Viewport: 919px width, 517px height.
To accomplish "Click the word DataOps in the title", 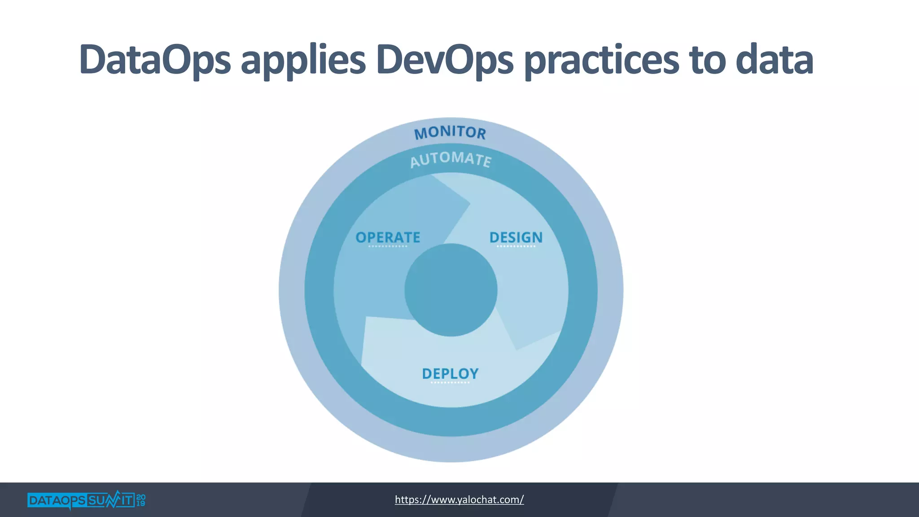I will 155,60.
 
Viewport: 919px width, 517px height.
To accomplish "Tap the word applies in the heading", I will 303,61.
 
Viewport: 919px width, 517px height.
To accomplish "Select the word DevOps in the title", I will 444,60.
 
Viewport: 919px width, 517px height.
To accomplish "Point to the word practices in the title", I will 601,61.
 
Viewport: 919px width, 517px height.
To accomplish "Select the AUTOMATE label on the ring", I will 451,159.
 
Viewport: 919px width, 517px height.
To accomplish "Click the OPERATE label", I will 388,237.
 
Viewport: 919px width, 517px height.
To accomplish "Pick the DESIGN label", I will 516,237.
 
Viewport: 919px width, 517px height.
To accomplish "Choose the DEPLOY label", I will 450,373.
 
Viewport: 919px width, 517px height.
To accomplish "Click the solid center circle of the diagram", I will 451,290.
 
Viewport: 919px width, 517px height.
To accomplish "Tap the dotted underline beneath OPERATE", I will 388,246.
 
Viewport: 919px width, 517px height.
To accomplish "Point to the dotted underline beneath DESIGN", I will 516,246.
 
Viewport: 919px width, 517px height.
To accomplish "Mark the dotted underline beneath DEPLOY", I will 450,382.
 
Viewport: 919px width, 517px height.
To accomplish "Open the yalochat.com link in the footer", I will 459,499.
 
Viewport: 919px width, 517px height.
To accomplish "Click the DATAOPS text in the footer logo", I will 56,500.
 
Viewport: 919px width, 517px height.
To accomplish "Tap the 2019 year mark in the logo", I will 140,500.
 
